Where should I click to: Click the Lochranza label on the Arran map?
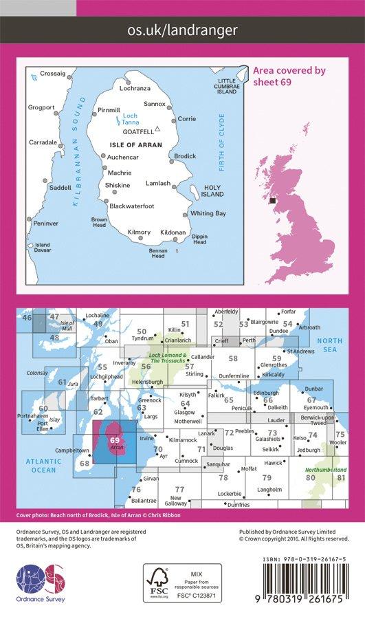(x=134, y=89)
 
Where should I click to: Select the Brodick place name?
(x=185, y=156)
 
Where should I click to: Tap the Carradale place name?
(x=43, y=142)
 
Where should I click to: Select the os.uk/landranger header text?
(x=182, y=30)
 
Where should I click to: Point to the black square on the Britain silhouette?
(x=273, y=200)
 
